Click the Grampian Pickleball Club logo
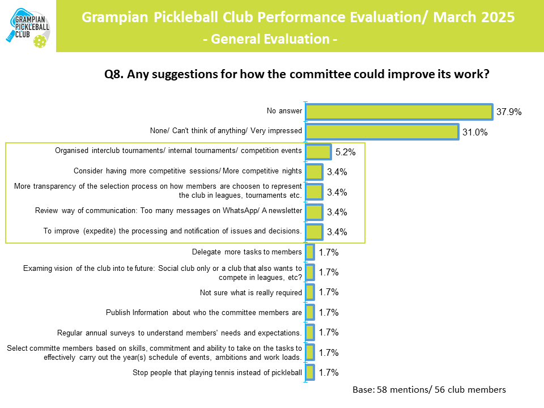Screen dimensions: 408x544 pos(28,26)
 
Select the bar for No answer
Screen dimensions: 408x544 pos(398,112)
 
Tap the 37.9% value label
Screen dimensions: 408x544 pos(509,112)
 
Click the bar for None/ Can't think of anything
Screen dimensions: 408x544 pos(381,132)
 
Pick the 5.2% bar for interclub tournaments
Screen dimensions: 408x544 pos(318,152)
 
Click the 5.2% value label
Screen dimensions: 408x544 pos(346,152)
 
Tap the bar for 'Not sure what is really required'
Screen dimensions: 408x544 pos(310,292)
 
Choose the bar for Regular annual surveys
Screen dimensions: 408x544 pos(310,332)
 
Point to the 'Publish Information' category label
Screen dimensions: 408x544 pos(204,312)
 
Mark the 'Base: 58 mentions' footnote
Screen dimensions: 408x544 pos(429,390)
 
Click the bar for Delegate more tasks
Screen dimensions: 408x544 pos(310,252)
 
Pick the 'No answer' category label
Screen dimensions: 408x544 pos(284,111)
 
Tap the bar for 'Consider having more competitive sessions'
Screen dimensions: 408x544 pos(314,172)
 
